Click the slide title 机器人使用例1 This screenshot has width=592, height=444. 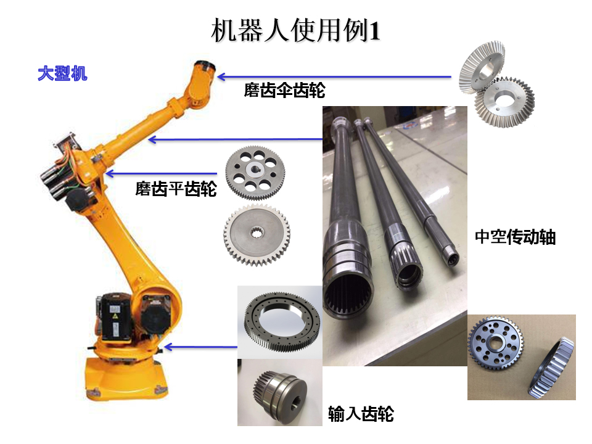click(295, 31)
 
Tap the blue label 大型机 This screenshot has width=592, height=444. click(63, 73)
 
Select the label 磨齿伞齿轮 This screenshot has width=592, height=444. click(284, 90)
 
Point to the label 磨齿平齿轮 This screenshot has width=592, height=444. click(176, 189)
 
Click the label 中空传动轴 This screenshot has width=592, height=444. click(515, 237)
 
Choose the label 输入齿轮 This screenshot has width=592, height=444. click(361, 414)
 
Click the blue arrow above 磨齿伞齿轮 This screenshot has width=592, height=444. click(334, 77)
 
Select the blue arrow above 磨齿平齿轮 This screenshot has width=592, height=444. click(162, 174)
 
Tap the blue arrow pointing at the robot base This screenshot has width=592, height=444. click(201, 347)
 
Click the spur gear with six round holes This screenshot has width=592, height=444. click(255, 173)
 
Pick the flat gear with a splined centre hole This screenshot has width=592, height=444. click(257, 234)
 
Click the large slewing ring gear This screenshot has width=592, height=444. click(282, 321)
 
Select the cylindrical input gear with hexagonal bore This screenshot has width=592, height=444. click(280, 393)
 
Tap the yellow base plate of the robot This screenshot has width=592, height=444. click(126, 379)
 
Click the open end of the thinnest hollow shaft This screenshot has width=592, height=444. click(453, 259)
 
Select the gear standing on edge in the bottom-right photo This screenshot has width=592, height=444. click(551, 368)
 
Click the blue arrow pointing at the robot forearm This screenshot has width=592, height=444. click(236, 140)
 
